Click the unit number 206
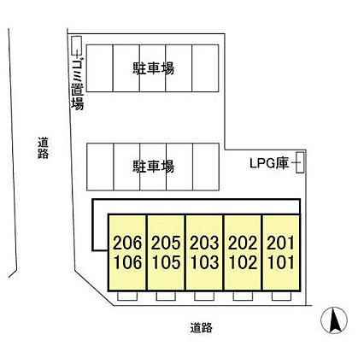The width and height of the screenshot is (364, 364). click(x=126, y=244)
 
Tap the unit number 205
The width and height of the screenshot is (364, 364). click(x=165, y=244)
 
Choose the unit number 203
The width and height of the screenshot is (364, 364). click(x=203, y=244)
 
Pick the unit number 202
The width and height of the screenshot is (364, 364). click(x=242, y=244)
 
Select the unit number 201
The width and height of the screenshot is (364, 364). click(x=279, y=244)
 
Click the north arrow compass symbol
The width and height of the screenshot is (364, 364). click(x=335, y=323)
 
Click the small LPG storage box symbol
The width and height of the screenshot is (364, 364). click(x=299, y=161)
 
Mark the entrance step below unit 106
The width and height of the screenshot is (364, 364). click(x=126, y=297)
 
